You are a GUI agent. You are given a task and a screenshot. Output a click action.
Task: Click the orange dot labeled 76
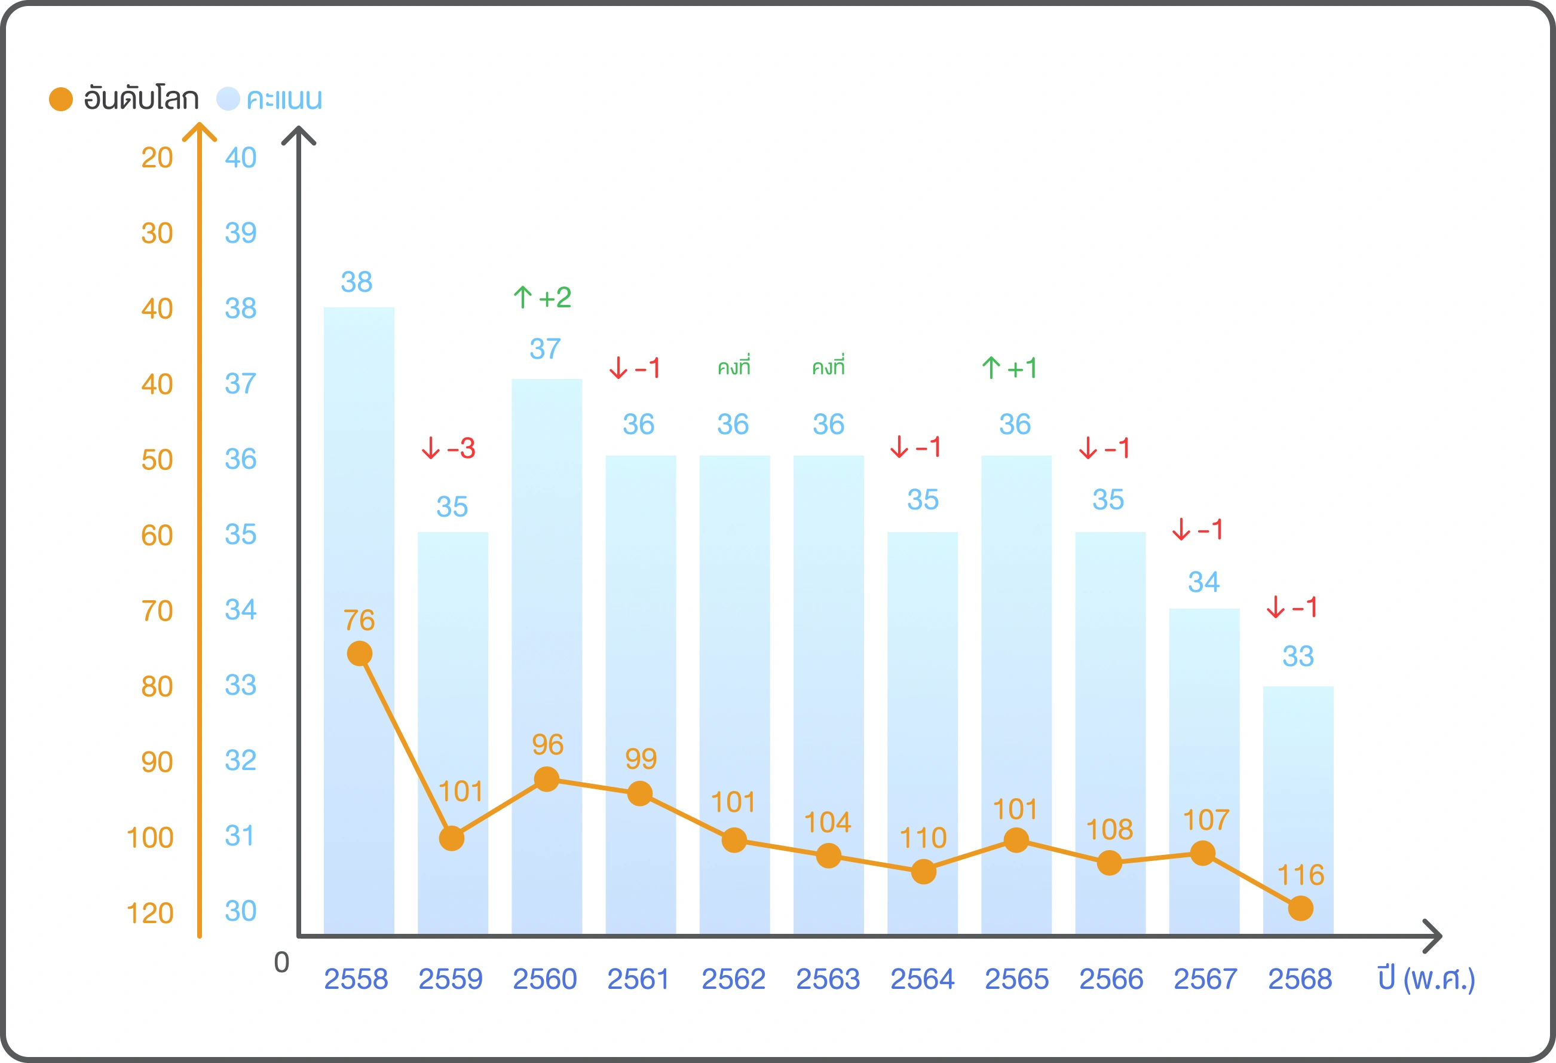click(360, 653)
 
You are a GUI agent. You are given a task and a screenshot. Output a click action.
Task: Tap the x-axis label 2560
click(544, 979)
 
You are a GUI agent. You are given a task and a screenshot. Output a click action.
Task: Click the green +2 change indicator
click(543, 297)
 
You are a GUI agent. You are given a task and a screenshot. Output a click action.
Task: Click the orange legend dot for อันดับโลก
click(61, 99)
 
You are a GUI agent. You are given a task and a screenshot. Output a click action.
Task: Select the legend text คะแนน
click(284, 99)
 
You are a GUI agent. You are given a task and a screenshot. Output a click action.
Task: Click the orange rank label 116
click(1300, 875)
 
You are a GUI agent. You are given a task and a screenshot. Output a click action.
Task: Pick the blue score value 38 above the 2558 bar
click(356, 282)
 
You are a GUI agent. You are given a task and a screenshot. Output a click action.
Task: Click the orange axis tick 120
click(150, 913)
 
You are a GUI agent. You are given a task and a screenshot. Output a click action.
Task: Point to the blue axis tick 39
click(240, 233)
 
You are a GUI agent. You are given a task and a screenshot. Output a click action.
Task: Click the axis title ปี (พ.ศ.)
click(1426, 979)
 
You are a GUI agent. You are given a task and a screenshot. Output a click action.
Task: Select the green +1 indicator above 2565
click(1010, 368)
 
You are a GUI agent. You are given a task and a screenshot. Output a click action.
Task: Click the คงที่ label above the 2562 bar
click(734, 366)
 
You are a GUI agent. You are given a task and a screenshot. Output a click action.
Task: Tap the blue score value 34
click(1203, 581)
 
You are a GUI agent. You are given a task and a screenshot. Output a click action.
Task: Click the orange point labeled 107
click(1202, 853)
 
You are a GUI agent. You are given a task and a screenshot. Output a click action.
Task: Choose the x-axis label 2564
click(922, 979)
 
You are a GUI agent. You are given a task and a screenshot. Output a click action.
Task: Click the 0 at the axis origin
click(282, 962)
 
